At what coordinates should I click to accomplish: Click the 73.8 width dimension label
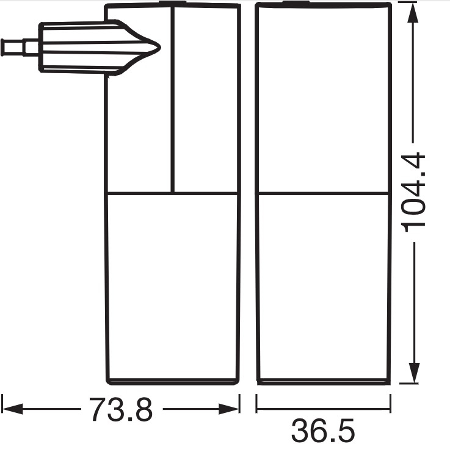pyautogui.click(x=121, y=409)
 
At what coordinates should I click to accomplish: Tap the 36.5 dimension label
pyautogui.click(x=323, y=431)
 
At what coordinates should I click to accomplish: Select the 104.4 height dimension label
pyautogui.click(x=414, y=192)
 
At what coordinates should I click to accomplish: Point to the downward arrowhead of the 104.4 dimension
pyautogui.click(x=414, y=373)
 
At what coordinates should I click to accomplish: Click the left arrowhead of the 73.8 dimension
pyautogui.click(x=12, y=409)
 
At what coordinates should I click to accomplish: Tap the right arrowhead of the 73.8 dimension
pyautogui.click(x=229, y=409)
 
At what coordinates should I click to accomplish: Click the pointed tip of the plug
pyautogui.click(x=160, y=47)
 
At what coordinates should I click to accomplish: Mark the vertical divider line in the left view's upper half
pyautogui.click(x=172, y=99)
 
